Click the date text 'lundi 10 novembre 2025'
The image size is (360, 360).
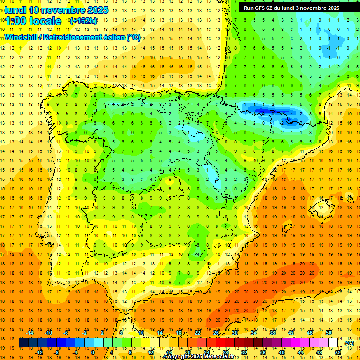[56, 10]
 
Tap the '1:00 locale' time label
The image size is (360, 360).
[33, 21]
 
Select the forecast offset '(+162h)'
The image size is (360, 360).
[83, 21]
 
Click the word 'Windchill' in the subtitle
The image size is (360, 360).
[24, 37]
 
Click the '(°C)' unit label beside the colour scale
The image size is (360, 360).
[349, 343]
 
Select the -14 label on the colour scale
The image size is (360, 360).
[30, 333]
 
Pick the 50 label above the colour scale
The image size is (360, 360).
[328, 333]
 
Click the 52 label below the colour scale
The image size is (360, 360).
[337, 352]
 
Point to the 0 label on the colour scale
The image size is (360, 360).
[92, 352]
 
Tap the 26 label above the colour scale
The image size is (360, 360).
[216, 333]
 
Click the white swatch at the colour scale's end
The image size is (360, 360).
[333, 343]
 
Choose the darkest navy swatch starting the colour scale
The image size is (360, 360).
[23, 343]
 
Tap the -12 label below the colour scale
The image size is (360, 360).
[39, 352]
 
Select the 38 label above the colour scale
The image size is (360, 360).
[272, 333]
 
